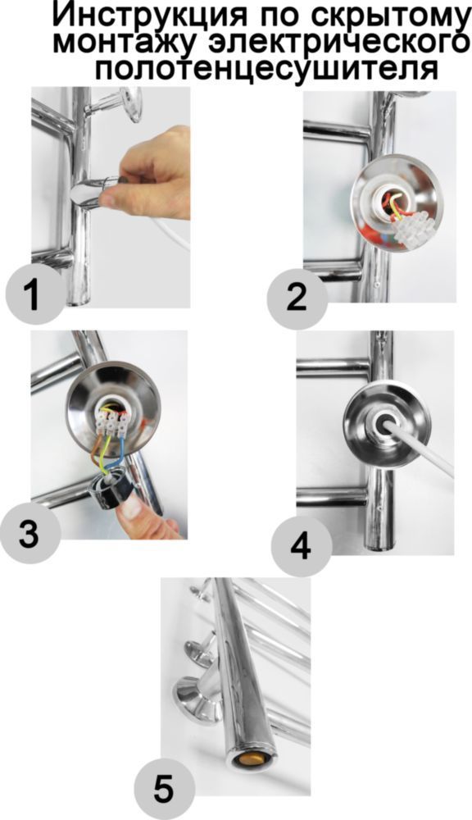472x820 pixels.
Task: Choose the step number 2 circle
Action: click(x=297, y=299)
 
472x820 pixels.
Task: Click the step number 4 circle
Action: click(x=301, y=546)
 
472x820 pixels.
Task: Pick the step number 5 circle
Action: click(x=164, y=790)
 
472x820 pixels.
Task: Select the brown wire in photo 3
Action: click(x=99, y=449)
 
